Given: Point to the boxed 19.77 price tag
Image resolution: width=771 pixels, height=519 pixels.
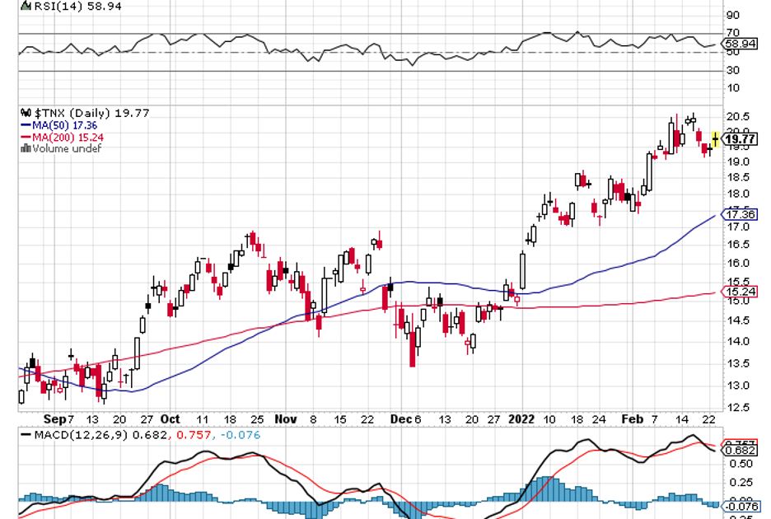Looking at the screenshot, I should (x=738, y=140).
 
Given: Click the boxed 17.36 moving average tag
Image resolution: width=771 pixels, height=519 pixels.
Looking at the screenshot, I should (x=738, y=215).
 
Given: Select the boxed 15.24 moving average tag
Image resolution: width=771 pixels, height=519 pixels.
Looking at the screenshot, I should (x=738, y=292).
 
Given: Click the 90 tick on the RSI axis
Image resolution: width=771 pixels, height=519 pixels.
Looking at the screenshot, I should (x=731, y=15).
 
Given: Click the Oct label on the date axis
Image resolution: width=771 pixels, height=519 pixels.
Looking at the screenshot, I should (x=171, y=418).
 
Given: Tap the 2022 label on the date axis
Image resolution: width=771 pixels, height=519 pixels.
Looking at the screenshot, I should (x=521, y=418).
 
